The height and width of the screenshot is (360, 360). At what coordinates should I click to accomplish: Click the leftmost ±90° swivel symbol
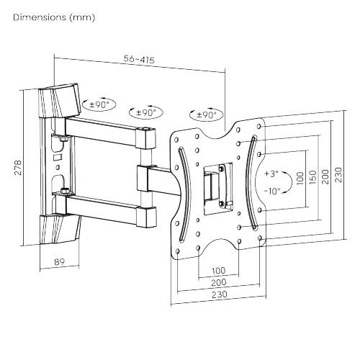click(x=98, y=105)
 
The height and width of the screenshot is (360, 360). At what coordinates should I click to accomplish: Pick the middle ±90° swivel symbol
click(x=146, y=113)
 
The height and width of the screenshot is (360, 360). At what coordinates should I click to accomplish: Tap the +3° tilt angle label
click(x=271, y=174)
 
